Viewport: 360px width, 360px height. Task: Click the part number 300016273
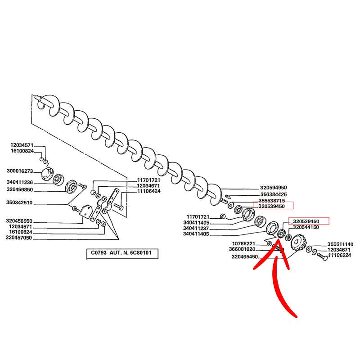20,171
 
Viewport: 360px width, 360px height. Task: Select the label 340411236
20,182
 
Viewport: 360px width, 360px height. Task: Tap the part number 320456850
20,189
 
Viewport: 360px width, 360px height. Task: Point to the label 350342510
20,203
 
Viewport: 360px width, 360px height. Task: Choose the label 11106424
148,191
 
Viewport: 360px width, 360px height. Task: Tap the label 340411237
196,228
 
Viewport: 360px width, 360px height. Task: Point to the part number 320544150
306,228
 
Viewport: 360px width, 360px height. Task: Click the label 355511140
340,244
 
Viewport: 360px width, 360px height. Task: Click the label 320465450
245,257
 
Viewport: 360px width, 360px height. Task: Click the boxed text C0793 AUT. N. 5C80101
122,253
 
